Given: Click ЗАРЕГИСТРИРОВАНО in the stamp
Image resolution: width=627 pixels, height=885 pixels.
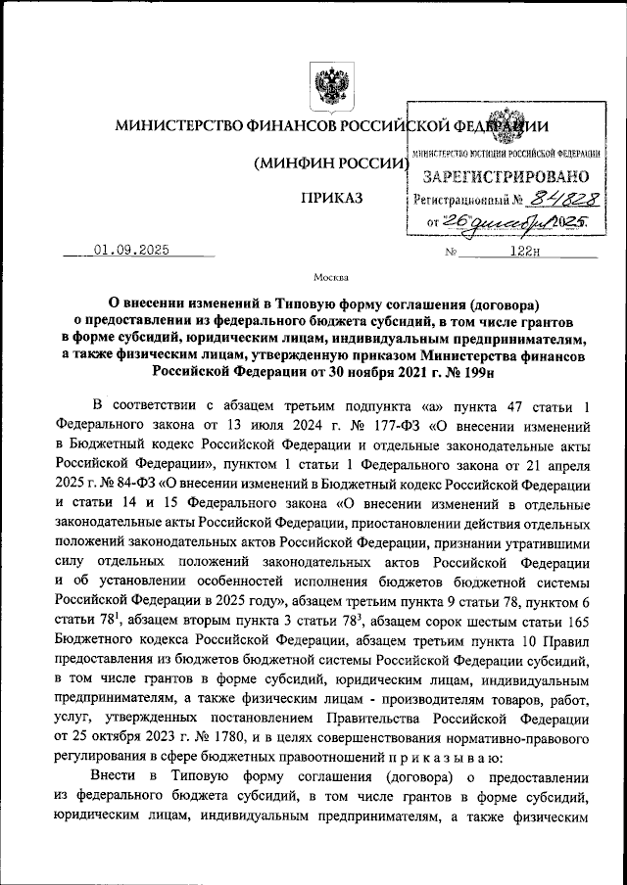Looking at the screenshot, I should pyautogui.click(x=506, y=177).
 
